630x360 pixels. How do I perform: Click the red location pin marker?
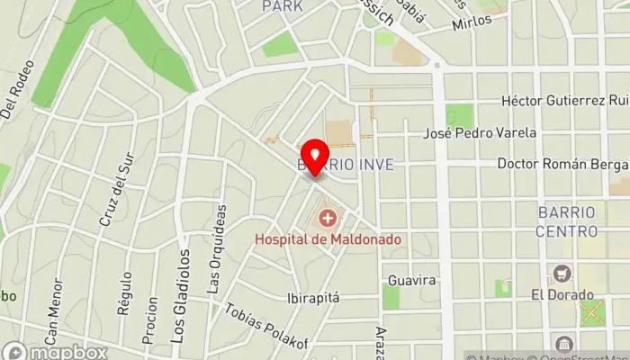(x=314, y=157)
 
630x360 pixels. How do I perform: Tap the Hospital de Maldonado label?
(x=328, y=239)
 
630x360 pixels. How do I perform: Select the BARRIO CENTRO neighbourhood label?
(x=567, y=221)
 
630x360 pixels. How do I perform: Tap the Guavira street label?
(x=412, y=280)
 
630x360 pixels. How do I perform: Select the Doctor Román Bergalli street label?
(x=562, y=164)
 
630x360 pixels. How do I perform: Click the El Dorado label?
(x=562, y=294)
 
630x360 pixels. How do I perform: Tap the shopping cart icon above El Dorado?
(x=563, y=273)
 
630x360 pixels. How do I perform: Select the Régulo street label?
(x=124, y=295)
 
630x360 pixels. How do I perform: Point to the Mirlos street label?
(x=473, y=22)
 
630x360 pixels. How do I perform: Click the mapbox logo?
(x=54, y=350)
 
